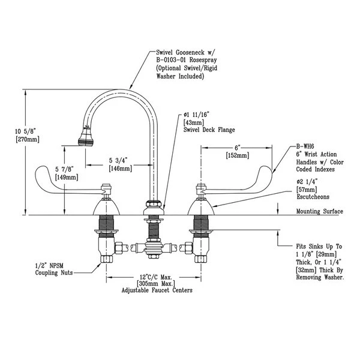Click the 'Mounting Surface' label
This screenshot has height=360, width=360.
(x=320, y=212)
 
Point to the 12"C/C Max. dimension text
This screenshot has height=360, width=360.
(x=154, y=277)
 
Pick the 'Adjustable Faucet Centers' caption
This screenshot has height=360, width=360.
(x=157, y=290)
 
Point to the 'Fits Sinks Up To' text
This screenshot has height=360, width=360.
(x=320, y=246)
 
